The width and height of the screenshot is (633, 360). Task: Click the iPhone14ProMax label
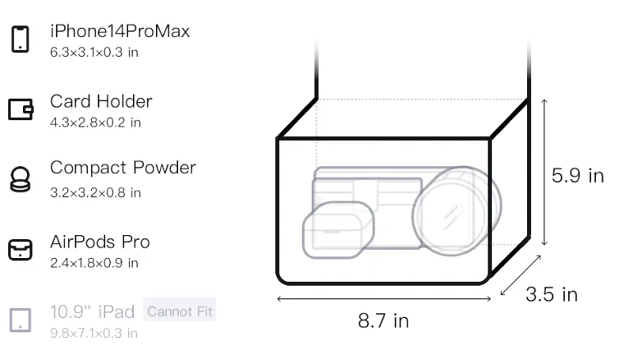pyautogui.click(x=120, y=31)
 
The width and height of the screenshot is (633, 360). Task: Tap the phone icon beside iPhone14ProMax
pyautogui.click(x=21, y=39)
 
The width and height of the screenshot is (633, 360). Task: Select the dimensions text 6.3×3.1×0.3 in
pyautogui.click(x=94, y=52)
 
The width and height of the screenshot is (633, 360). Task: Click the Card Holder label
pyautogui.click(x=101, y=101)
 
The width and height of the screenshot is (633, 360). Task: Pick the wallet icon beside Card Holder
pyautogui.click(x=21, y=109)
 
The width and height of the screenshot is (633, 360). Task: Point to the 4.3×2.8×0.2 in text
pyautogui.click(x=95, y=123)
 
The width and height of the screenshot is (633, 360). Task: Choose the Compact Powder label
pyautogui.click(x=123, y=168)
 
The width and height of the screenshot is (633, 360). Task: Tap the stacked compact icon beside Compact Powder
pyautogui.click(x=21, y=179)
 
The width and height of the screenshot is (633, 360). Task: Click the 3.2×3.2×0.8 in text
pyautogui.click(x=95, y=193)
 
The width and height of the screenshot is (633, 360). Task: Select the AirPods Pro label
pyautogui.click(x=100, y=242)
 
